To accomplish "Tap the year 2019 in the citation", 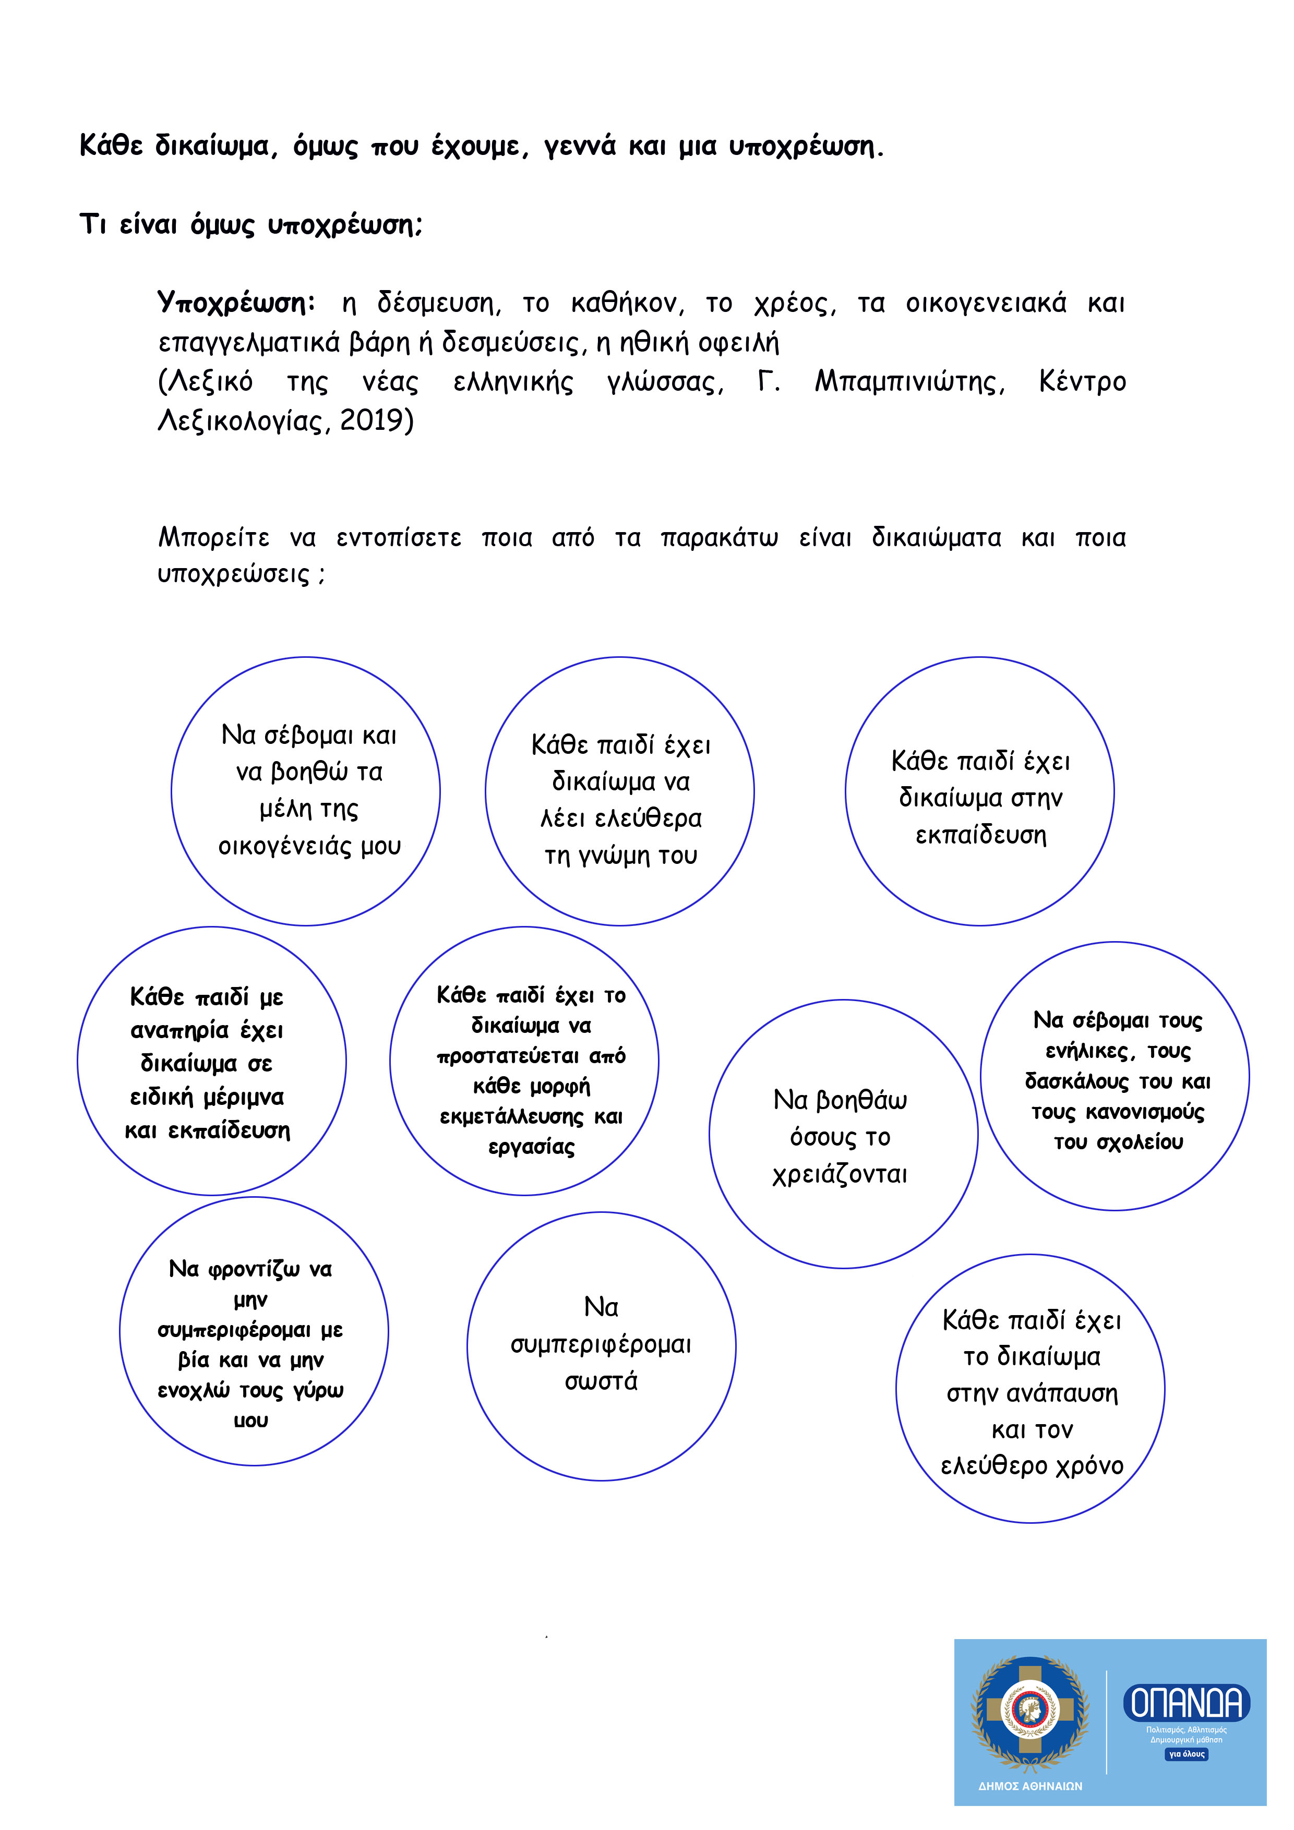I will coord(376,420).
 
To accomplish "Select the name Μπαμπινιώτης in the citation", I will coord(909,382).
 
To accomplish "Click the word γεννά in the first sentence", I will coord(580,147).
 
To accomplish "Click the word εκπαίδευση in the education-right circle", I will coord(980,835).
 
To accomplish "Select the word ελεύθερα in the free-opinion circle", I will coord(648,818).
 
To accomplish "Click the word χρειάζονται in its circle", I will coord(840,1174).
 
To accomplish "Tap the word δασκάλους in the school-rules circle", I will coord(1077,1081).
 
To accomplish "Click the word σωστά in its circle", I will coord(601,1381).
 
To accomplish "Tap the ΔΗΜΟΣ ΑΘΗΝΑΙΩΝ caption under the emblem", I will coord(1030,1786).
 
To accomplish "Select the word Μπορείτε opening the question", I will coord(214,537).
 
